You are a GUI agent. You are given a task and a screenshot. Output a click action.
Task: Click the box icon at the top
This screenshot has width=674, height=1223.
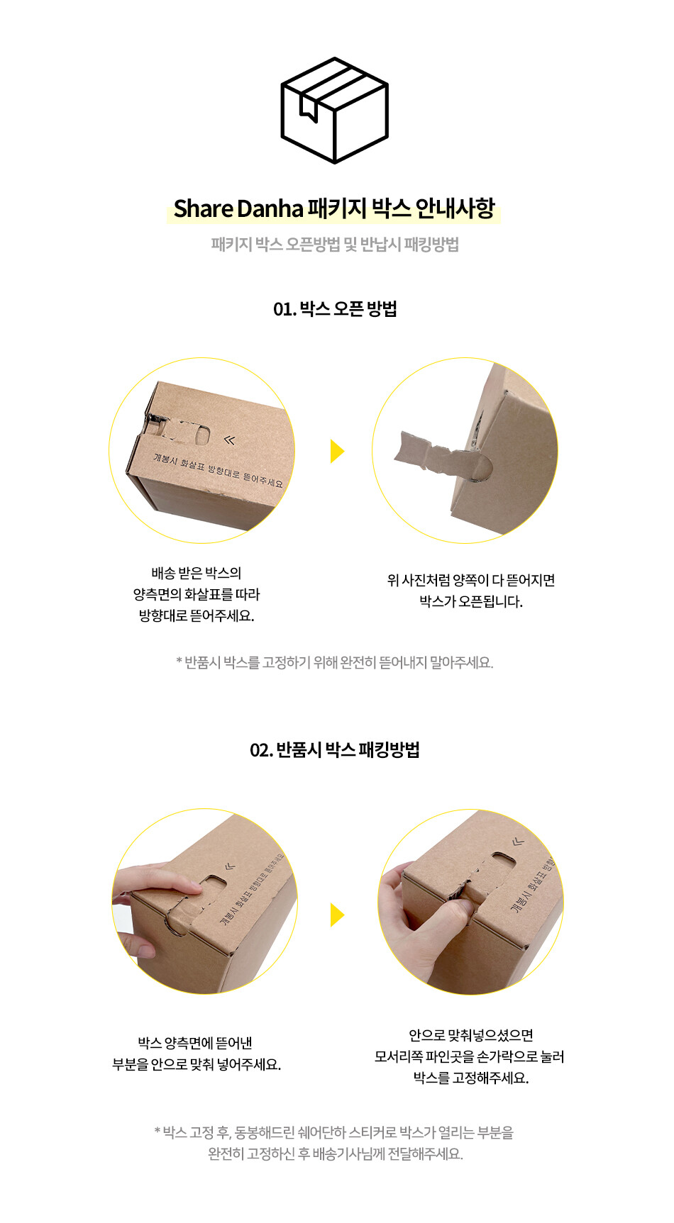(x=334, y=110)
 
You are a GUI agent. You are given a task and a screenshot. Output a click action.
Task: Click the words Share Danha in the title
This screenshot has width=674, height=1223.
(x=238, y=208)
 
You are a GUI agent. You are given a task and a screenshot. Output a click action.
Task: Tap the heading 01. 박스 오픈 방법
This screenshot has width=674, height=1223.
(x=335, y=309)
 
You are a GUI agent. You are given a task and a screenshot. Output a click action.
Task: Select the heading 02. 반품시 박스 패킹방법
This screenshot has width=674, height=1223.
(x=335, y=750)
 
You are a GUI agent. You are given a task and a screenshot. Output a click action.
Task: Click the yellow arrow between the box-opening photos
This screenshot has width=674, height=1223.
(x=337, y=451)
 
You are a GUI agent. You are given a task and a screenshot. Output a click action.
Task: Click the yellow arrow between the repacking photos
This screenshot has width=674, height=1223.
(x=337, y=915)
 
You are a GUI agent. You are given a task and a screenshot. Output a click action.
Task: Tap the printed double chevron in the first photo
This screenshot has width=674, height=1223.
(x=229, y=440)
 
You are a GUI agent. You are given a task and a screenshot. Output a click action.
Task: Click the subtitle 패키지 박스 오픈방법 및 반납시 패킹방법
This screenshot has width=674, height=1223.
(x=335, y=245)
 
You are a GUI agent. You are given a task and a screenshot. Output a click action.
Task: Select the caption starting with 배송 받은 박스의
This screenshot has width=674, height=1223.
(x=197, y=594)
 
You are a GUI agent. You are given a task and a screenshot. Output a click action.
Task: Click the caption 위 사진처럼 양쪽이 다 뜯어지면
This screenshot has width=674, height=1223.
(x=471, y=581)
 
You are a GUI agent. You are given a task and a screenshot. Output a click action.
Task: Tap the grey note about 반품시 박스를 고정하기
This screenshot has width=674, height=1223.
(x=335, y=663)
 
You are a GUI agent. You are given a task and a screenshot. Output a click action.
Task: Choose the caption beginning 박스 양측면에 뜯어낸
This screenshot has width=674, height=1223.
(x=197, y=1054)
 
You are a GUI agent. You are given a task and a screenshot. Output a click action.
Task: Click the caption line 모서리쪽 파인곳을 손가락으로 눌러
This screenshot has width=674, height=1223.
(x=470, y=1057)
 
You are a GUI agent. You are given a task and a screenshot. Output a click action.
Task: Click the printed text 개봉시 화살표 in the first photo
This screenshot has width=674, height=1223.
(x=179, y=462)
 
